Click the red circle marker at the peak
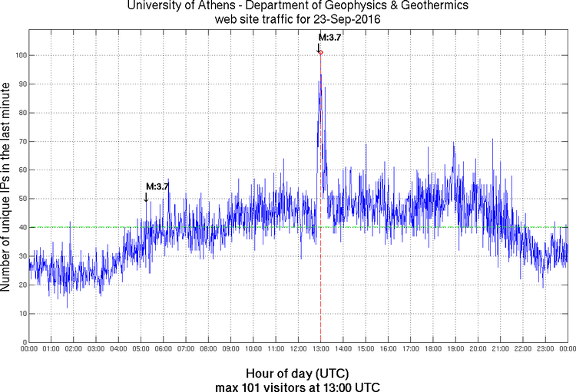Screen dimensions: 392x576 point(320,52)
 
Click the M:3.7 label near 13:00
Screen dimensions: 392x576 point(329,37)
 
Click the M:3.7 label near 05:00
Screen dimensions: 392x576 point(157,186)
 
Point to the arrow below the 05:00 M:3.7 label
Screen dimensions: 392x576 point(146,197)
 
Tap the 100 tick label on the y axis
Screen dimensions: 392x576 point(17,55)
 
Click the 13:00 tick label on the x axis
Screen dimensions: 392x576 point(320,350)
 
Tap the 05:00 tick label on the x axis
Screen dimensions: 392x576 point(141,350)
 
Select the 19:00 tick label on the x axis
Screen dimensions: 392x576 point(455,350)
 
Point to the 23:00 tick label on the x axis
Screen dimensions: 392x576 point(545,350)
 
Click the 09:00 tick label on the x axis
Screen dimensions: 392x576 point(230,350)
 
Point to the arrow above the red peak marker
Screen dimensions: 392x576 point(319,47)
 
